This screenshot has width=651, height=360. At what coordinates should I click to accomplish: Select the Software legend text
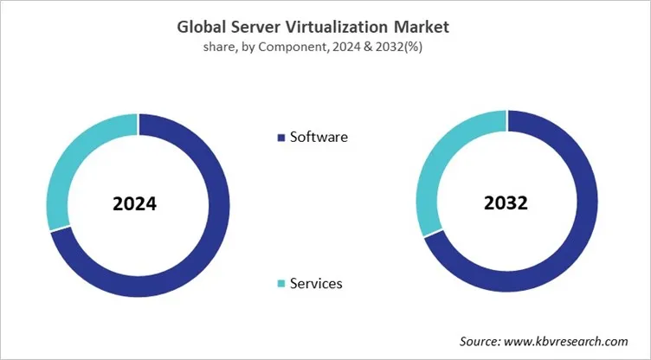(x=319, y=137)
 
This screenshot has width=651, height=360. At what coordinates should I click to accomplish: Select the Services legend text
(x=316, y=283)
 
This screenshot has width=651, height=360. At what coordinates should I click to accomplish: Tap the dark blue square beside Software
(x=280, y=138)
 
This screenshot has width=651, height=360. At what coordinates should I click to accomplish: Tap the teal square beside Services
(x=280, y=284)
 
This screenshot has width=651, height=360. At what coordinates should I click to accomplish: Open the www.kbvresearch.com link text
(x=572, y=342)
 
